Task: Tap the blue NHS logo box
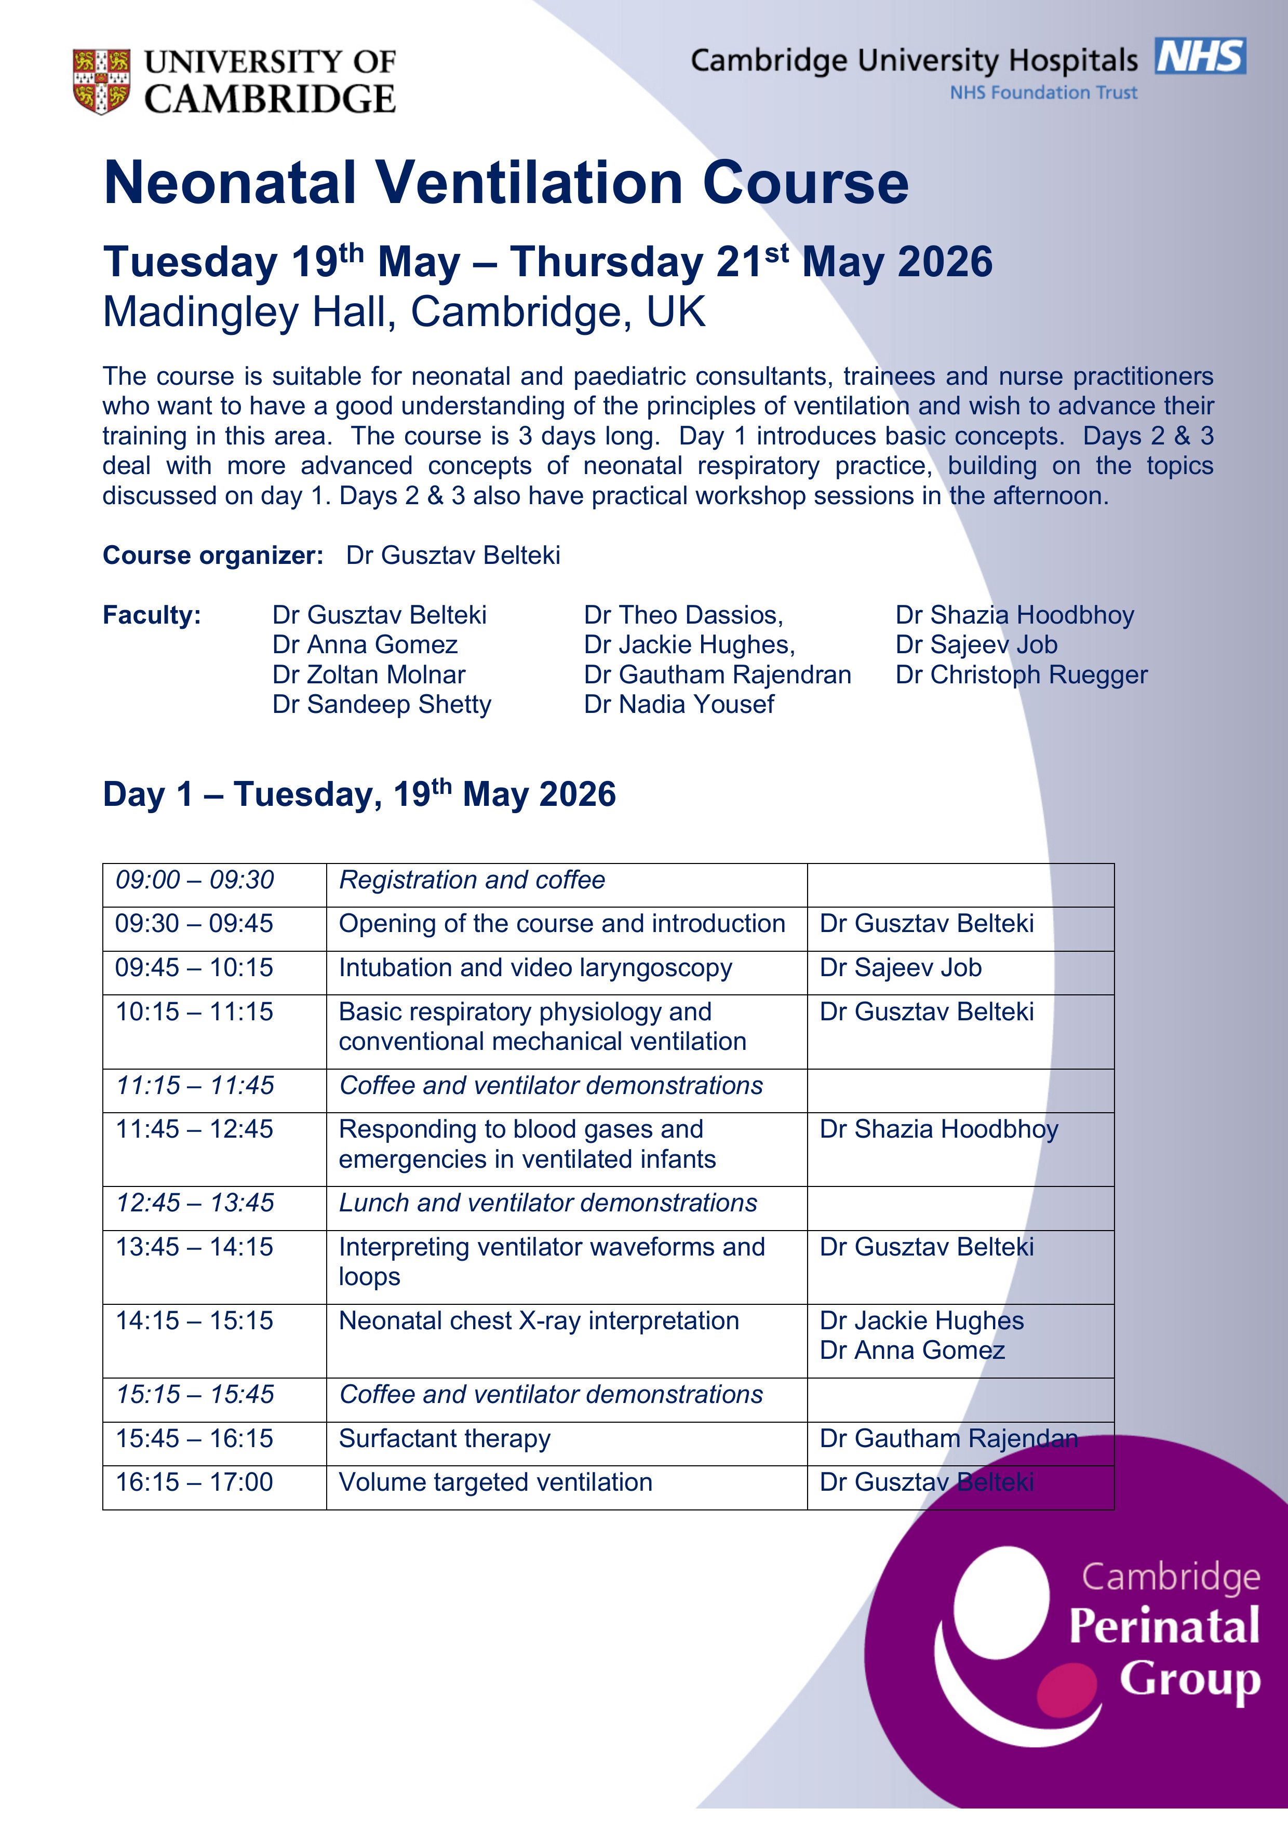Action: click(x=1200, y=57)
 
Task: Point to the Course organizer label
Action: click(x=213, y=556)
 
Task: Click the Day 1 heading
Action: click(x=359, y=794)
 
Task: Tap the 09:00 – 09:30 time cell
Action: click(x=195, y=880)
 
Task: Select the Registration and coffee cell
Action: click(x=472, y=880)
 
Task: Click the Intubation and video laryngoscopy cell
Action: click(x=535, y=968)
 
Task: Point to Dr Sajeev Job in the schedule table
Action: click(x=900, y=968)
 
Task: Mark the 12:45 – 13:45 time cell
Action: click(x=195, y=1203)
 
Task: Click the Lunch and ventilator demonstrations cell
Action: click(x=547, y=1203)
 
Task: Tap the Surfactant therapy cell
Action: click(x=445, y=1439)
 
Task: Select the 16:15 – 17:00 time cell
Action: click(x=195, y=1482)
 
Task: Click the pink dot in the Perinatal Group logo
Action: click(x=1066, y=1690)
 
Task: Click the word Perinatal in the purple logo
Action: click(x=1163, y=1626)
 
